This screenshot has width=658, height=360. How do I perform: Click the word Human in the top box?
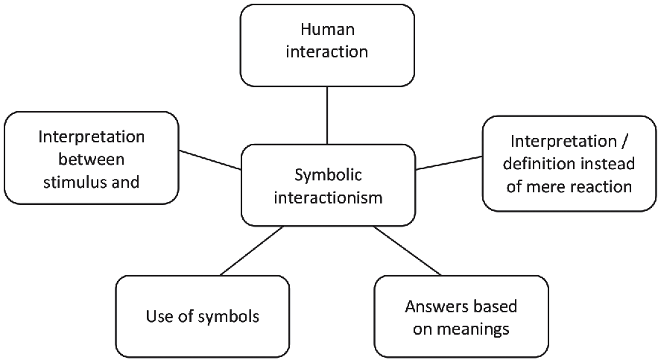[x=327, y=31]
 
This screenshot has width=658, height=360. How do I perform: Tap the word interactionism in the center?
[x=327, y=198]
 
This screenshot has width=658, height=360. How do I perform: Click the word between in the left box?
[x=92, y=159]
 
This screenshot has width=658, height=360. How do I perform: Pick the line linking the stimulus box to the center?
[x=210, y=160]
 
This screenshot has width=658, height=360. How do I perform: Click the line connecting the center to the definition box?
[x=449, y=162]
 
